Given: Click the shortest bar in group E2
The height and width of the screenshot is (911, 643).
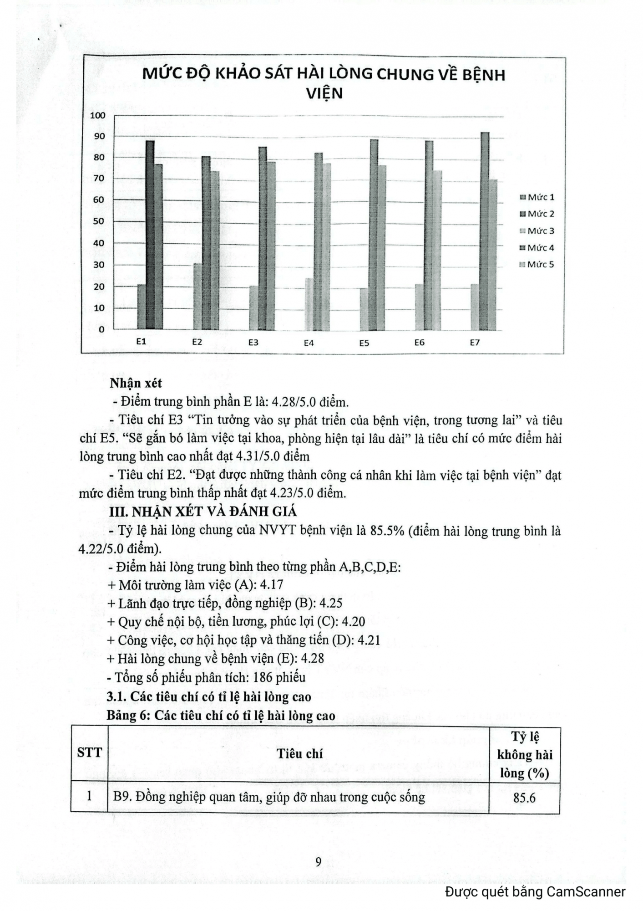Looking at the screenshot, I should pos(198,297).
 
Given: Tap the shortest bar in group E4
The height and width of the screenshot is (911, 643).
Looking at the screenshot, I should pos(309,304).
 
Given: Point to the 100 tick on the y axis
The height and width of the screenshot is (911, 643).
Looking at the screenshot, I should pos(97,115).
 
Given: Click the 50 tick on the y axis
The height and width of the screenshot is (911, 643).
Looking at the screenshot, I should pos(99,221).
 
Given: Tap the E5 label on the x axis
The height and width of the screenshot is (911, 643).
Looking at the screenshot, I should pos(364,343).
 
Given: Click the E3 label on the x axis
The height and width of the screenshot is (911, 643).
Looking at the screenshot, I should pos(253,343).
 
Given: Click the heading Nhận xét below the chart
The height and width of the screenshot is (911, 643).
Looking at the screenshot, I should pos(136,384).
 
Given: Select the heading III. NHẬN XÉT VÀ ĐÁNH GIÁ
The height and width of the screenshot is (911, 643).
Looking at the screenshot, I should pos(203,512).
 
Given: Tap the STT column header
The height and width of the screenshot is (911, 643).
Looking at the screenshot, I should pos(90,752).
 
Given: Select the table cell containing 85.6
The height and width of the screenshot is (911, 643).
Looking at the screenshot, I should pos(524,798).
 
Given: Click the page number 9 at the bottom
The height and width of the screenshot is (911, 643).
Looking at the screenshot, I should pos(319,862).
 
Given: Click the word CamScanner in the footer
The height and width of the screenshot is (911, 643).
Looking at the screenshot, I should pos(586,891).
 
